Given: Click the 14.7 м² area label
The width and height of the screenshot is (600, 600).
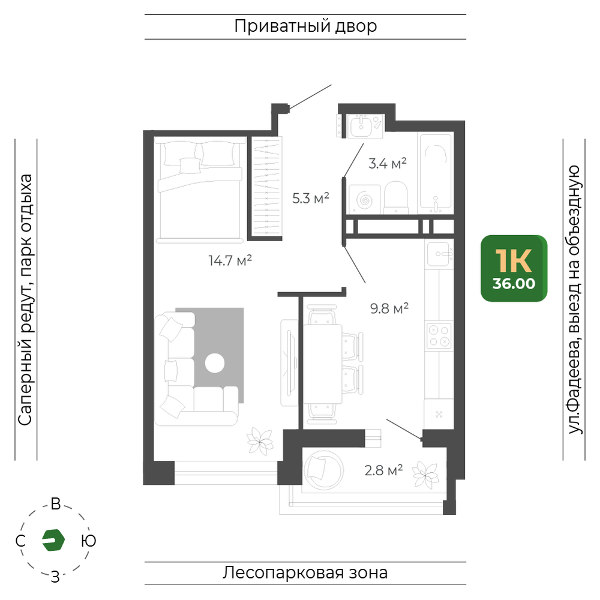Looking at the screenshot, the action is click(x=230, y=260).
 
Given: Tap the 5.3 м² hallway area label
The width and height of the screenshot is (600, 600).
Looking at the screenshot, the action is click(x=311, y=198).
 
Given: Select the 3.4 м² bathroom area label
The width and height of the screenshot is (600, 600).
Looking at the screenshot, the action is click(x=387, y=163).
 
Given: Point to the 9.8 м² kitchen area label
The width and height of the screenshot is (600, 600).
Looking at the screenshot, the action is click(x=389, y=308).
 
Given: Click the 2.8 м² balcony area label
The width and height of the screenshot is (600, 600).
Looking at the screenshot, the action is click(x=383, y=470).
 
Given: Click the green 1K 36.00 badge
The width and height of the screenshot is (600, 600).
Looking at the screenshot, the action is click(x=514, y=268).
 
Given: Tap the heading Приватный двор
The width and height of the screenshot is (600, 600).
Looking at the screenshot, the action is click(x=305, y=27).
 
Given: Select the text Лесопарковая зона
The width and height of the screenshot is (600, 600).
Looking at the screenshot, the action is click(x=305, y=573).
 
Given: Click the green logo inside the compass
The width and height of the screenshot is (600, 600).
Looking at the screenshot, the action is click(x=53, y=540).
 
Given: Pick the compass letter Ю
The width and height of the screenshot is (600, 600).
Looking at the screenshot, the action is click(x=88, y=541).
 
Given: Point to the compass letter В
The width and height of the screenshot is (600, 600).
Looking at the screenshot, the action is click(x=56, y=504).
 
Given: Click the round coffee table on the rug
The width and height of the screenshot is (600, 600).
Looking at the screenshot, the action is click(x=215, y=363).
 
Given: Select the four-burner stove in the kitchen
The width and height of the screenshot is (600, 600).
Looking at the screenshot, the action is click(x=439, y=335).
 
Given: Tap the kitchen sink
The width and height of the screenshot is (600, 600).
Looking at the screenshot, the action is click(x=439, y=254).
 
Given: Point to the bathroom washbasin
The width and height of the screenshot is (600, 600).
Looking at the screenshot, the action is click(x=361, y=126).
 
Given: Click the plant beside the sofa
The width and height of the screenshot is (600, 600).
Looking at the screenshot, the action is click(x=260, y=441).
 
